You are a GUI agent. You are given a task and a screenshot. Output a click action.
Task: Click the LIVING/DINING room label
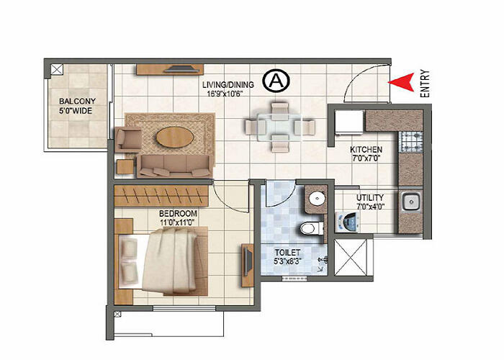coord(228,88)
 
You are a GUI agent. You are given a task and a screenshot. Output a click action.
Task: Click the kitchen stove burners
coord(413,142)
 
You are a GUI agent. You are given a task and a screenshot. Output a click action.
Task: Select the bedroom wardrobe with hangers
coord(163,195)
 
